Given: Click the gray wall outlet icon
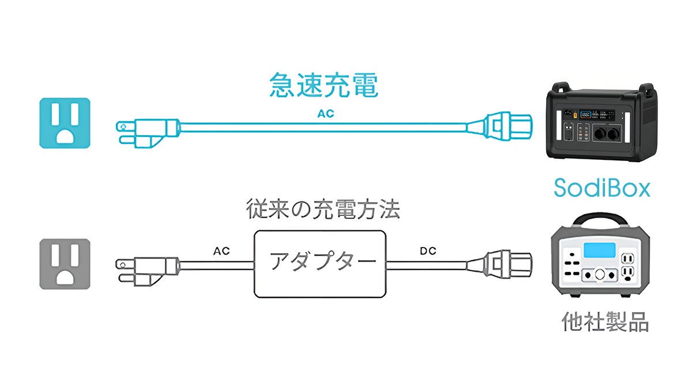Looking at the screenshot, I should click(65, 264).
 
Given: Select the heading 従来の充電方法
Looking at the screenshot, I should click(323, 209).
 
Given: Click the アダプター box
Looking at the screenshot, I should click(320, 263).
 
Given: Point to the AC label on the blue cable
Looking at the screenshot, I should click(325, 114).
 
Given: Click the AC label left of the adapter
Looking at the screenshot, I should click(221, 251).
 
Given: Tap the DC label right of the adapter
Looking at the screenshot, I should click(428, 251).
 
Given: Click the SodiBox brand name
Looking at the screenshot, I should click(601, 188).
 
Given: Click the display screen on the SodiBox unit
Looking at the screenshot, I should click(587, 114).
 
